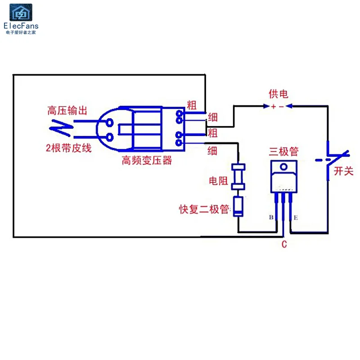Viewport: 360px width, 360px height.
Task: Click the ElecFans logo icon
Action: pos(21,13)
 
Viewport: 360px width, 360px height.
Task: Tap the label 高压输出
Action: pos(67,110)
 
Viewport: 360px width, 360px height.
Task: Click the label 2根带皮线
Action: pos(69,148)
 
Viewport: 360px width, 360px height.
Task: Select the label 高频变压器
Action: pos(147,160)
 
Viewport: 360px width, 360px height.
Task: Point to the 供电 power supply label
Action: pos(279,94)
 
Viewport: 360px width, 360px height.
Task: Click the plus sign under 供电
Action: pos(274,107)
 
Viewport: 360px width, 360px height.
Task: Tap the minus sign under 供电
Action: pos(282,107)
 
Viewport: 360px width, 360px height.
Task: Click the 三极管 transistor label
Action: pos(284,152)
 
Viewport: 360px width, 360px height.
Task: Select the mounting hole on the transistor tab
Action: pos(284,166)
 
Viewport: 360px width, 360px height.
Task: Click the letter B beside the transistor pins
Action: pos(271,217)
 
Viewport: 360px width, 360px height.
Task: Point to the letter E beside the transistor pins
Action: pos(296,218)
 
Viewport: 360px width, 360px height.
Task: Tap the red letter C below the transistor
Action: pos(284,244)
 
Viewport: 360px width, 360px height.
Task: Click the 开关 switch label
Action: pos(343,171)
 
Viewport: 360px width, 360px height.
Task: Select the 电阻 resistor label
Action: pos(218,181)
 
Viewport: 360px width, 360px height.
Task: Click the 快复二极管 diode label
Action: pos(204,209)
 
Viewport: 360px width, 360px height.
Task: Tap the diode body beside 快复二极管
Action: pos(238,207)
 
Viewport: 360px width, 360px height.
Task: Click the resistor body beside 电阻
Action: pos(238,176)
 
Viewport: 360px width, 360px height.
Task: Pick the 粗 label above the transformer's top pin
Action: pos(192,105)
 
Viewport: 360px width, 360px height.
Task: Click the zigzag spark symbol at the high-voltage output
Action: pos(61,128)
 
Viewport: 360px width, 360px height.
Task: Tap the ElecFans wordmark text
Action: pos(21,26)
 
